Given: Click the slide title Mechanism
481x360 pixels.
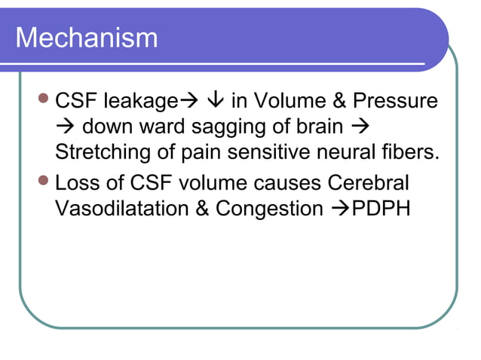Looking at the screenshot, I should [87, 38].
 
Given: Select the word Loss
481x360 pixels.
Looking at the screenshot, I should [80, 183].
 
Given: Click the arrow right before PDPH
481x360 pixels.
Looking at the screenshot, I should [337, 209].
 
